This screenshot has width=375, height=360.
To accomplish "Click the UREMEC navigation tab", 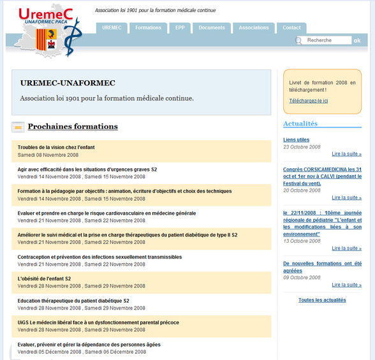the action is (x=112, y=28).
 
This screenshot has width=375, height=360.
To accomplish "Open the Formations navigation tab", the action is (x=149, y=28).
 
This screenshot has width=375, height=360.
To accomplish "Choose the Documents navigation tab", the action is (x=212, y=28).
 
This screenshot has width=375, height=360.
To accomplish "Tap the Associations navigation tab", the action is (x=254, y=28).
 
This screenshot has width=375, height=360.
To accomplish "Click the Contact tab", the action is (x=291, y=28).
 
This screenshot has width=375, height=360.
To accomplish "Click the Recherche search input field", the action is (x=327, y=40).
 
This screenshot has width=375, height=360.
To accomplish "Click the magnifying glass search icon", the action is (x=298, y=41).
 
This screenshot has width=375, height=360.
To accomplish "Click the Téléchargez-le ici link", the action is (x=308, y=101).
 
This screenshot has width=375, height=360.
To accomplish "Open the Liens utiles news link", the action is (x=296, y=140).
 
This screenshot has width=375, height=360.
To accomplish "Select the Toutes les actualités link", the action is (x=322, y=300).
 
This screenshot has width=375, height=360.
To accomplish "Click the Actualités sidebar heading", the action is (x=300, y=124).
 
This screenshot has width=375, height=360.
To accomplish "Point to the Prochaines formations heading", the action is (x=73, y=126).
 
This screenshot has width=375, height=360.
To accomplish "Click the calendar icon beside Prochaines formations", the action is (x=18, y=127).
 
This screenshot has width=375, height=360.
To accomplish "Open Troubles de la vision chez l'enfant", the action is (x=56, y=147).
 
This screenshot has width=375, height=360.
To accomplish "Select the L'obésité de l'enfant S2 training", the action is (x=44, y=279).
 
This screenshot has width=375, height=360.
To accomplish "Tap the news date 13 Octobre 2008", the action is (x=302, y=241).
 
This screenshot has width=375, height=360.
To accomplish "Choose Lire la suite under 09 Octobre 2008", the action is (x=347, y=285).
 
